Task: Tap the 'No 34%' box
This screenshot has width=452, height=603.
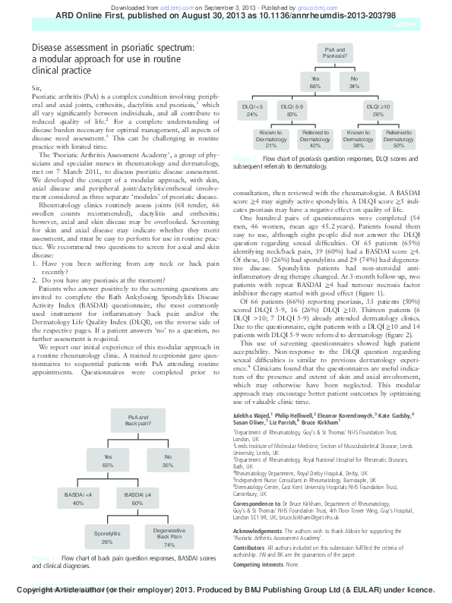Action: (355, 82)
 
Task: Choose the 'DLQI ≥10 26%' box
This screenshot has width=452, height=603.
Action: (378, 110)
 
